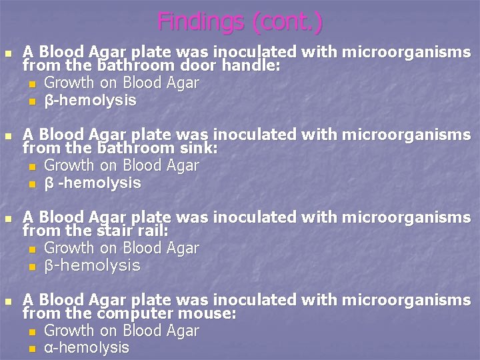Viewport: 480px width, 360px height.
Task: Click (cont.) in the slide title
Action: [288, 22]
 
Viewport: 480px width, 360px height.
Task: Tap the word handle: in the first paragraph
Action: [251, 66]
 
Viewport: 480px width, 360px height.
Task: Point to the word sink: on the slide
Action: [197, 149]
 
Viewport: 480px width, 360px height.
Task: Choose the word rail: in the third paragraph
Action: [153, 231]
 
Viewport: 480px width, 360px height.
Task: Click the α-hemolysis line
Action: [86, 348]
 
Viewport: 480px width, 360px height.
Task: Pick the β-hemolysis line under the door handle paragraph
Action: [90, 101]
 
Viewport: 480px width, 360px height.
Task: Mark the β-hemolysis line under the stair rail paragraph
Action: [92, 266]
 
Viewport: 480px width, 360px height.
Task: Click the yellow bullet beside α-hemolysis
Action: [32, 349]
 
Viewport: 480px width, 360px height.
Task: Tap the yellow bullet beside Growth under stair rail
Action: [32, 249]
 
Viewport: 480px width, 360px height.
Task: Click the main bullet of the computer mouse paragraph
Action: [7, 302]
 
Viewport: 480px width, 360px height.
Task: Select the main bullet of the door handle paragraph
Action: [7, 53]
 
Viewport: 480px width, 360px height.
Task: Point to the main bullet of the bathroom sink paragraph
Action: [7, 136]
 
